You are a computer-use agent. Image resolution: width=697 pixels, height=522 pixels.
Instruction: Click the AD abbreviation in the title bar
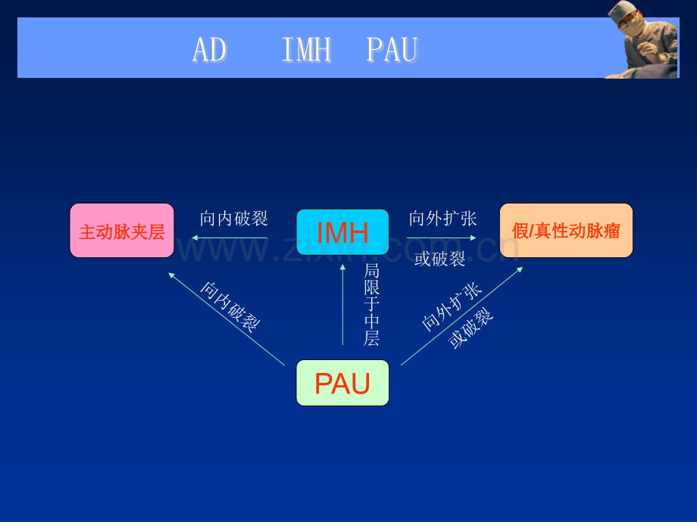[209, 49]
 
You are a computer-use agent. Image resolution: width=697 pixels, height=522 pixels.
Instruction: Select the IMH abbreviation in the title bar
[307, 49]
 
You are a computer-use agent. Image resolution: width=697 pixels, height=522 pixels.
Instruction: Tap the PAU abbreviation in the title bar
[392, 49]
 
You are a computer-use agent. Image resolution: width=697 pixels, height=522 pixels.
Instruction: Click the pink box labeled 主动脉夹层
[122, 231]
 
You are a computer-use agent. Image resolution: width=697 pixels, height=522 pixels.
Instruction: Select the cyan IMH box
[342, 231]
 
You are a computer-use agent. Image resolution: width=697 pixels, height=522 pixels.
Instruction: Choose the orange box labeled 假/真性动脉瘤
[566, 231]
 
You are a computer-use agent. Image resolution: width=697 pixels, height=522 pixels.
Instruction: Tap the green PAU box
[342, 383]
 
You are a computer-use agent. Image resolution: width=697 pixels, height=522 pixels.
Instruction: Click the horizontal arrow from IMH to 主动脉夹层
[230, 238]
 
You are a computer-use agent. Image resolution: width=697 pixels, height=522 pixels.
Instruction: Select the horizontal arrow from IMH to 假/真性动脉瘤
[442, 238]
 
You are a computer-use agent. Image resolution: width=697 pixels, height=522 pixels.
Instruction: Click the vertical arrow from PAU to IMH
[342, 304]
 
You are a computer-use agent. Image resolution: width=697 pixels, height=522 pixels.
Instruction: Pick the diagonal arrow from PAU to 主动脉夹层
[227, 319]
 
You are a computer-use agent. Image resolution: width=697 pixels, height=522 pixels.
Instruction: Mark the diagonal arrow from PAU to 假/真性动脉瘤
[462, 316]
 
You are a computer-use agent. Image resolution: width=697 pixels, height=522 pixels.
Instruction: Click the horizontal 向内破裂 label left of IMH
[234, 219]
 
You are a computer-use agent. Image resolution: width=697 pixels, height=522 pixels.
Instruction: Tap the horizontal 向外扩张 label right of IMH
[442, 219]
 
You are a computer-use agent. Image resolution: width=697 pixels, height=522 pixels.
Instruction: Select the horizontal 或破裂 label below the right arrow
[439, 259]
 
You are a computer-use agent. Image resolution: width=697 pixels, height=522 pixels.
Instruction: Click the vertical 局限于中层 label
[372, 305]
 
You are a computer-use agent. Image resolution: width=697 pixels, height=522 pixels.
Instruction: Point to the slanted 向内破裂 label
[230, 307]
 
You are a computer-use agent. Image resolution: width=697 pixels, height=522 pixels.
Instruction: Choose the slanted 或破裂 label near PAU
[470, 328]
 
